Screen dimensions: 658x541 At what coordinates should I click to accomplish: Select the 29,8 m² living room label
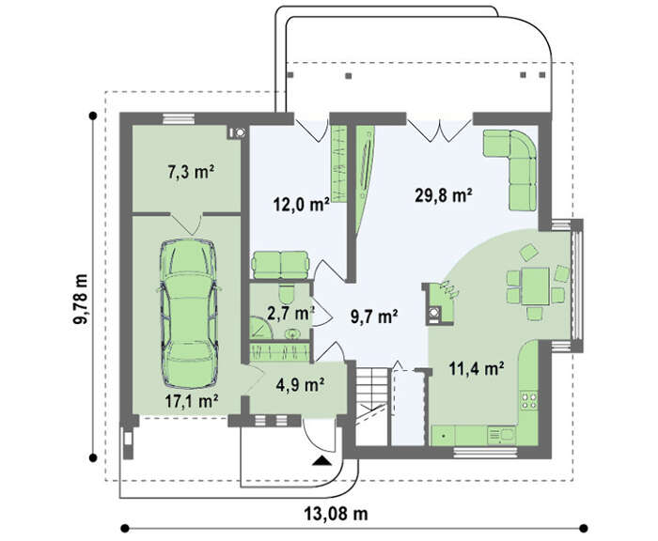(444, 195)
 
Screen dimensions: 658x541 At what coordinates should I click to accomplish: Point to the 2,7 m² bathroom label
(290, 313)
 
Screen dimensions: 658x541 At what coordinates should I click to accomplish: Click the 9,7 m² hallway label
(374, 317)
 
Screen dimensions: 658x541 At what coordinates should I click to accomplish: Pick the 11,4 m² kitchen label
(477, 369)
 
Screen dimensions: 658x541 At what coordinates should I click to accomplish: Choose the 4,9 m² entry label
(300, 384)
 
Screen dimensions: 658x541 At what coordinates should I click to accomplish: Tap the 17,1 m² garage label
(191, 401)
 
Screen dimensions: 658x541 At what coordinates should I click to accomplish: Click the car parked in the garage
(189, 314)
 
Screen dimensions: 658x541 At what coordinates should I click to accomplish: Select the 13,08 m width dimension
(336, 514)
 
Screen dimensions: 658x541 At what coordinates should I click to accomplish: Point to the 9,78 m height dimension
(80, 299)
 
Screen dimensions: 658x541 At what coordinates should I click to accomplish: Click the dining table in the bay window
(535, 286)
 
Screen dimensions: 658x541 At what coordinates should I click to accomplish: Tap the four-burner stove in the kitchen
(528, 400)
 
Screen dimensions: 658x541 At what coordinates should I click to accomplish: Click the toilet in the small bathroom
(287, 294)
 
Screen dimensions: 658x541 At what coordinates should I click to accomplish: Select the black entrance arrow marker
(321, 460)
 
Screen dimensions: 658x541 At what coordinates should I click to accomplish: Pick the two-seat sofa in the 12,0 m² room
(280, 265)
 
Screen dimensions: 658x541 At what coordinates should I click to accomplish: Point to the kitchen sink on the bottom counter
(501, 436)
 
